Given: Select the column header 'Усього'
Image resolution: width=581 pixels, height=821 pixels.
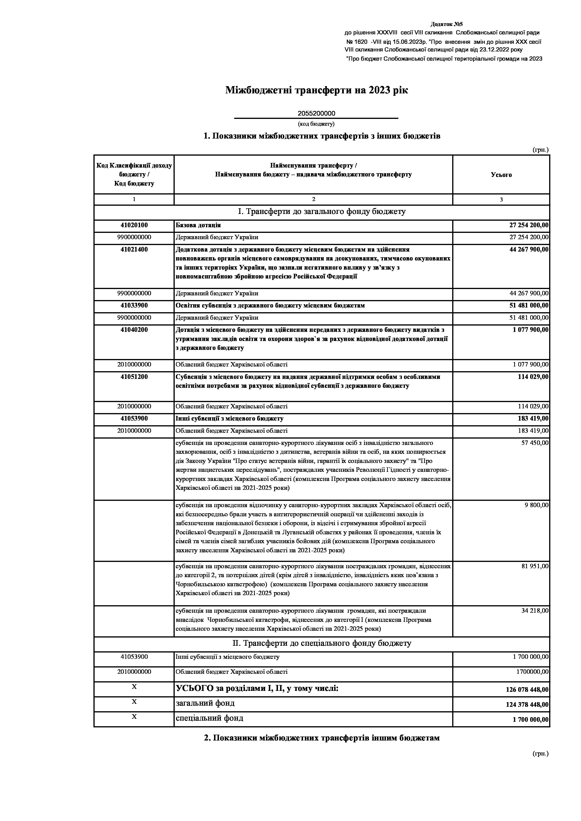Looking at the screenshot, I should pos(501,175).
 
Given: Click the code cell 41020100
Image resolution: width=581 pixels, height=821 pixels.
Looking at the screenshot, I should pos(134,225).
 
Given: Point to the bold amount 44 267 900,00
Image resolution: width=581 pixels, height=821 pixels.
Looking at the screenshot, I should pos(529,249).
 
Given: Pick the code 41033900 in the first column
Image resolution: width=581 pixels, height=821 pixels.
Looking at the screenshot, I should pos(134,306).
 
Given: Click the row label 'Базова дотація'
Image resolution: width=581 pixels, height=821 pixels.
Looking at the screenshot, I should pos(198,225).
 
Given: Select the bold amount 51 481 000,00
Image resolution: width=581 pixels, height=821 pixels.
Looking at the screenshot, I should pos(529,306).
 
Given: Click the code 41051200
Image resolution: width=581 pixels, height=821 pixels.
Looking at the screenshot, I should pos(134,377).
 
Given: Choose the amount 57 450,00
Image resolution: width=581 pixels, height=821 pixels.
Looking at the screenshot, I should pos(534,443).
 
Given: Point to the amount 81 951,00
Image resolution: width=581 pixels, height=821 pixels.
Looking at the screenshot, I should pos(534,566).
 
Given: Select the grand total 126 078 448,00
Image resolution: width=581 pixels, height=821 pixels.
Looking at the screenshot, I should pos(527,690).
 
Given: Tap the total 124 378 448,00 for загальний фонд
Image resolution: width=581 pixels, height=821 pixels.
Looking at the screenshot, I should pos(527,705).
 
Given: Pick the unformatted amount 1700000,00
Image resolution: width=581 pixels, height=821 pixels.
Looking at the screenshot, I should pos(532,672).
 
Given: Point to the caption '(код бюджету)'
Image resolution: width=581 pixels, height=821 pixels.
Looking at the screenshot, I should pos(316,124).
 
